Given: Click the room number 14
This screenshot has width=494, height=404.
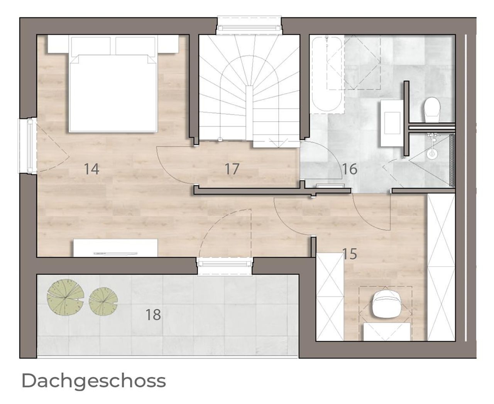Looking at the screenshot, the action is click(91, 169).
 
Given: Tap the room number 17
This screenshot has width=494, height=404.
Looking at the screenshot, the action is click(232, 169).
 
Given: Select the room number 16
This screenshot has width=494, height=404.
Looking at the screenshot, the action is click(350, 169).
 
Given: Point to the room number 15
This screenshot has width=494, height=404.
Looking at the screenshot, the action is click(350, 254).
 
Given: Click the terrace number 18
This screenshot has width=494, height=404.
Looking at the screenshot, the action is click(154, 315).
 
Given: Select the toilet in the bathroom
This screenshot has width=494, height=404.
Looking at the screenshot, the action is click(432, 109).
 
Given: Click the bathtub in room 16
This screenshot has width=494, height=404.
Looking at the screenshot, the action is click(327, 74).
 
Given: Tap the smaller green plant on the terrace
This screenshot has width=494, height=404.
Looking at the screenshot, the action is click(103, 301).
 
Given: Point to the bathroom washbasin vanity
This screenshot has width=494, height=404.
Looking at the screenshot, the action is click(392, 123).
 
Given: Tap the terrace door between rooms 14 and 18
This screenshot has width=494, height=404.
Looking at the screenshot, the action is click(225, 266).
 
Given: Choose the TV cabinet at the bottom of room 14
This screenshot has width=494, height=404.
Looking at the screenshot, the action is click(115, 248).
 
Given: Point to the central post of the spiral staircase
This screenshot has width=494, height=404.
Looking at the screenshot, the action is click(249, 113).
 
